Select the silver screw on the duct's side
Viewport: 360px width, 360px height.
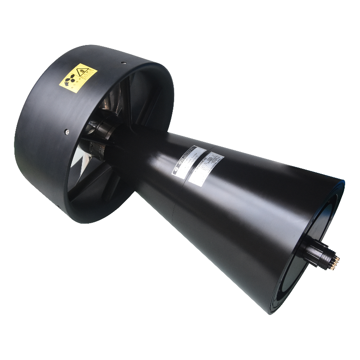[x=67, y=131]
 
